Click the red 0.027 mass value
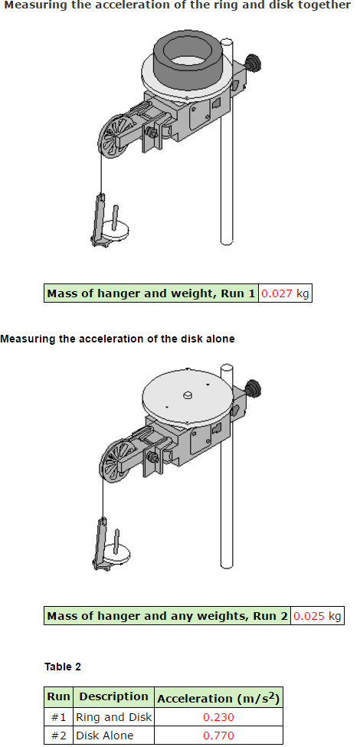277,293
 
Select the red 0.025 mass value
309,616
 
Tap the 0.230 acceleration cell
218,717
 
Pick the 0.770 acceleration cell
218,735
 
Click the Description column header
114,696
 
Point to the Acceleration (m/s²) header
218,698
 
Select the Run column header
58,696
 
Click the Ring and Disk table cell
114,717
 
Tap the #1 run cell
58,717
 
